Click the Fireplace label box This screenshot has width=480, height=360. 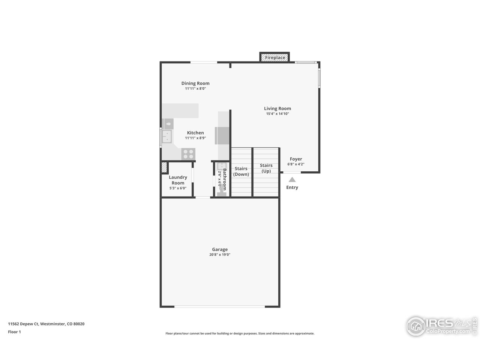(275, 57)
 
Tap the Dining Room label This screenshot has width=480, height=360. (195, 83)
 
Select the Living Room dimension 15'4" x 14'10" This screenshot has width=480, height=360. (277, 114)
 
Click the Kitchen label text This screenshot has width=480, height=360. (195, 133)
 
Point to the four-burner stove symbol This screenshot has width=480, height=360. (188, 154)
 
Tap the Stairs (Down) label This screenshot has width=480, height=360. (241, 171)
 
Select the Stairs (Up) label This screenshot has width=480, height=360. (266, 168)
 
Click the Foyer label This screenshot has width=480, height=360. (296, 159)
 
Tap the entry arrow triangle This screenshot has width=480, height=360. (292, 180)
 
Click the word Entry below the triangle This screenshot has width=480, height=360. (292, 187)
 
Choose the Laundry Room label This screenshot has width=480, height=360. (178, 180)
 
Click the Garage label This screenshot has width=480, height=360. (220, 249)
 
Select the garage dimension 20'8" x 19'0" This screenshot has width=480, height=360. (220, 255)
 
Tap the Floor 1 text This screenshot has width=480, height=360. (14, 332)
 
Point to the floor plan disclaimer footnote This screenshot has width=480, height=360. (240, 333)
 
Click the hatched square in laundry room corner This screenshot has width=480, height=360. (164, 167)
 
